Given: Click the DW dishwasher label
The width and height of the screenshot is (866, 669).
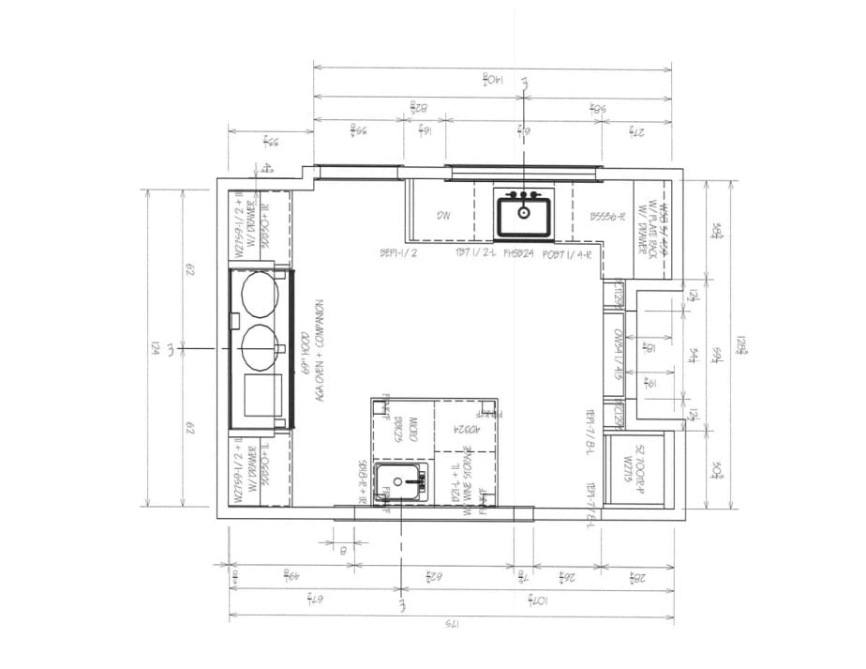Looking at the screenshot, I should pyautogui.click(x=444, y=216).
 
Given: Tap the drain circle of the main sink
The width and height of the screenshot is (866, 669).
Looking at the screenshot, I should pyautogui.click(x=523, y=213).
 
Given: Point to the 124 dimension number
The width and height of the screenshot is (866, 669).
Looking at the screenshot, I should pyautogui.click(x=155, y=348).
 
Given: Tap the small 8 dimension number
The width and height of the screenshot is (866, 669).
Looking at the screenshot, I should pyautogui.click(x=344, y=551).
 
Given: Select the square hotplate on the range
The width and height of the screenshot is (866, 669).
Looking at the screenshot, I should pyautogui.click(x=259, y=395).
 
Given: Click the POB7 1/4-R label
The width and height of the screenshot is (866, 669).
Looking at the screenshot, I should pyautogui.click(x=571, y=253).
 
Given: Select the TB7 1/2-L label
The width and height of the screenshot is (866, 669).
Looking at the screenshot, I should pyautogui.click(x=474, y=253).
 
